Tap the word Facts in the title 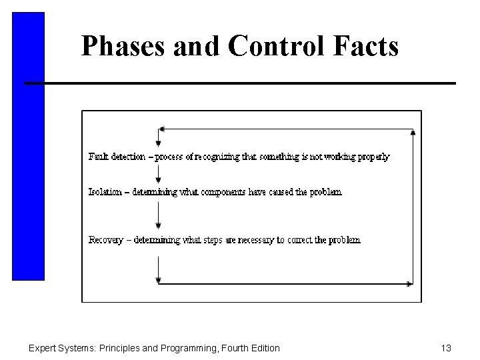(367, 46)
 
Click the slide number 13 (446, 348)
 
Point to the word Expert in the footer (41, 348)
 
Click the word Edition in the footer (264, 348)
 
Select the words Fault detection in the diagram (117, 157)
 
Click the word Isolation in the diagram (105, 192)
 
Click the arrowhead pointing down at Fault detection (159, 142)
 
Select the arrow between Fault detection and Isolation (159, 175)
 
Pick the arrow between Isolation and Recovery (159, 216)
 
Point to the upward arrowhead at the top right (413, 133)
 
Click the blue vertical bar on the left (28, 147)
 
